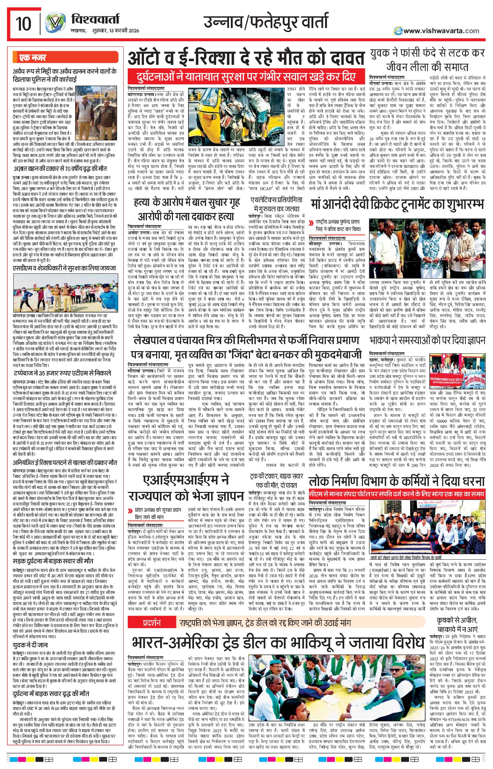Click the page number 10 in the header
(23, 24)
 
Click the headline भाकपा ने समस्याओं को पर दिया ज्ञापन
(427, 340)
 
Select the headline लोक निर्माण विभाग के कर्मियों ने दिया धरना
(397, 481)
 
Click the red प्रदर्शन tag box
(151, 623)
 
